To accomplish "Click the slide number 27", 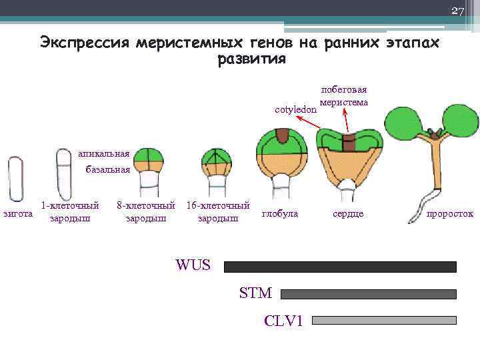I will [x=457, y=10].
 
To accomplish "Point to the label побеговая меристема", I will [x=343, y=96].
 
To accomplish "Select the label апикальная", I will [x=103, y=153].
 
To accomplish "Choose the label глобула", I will [x=280, y=214].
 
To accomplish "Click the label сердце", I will [x=347, y=214].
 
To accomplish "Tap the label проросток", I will [x=450, y=214].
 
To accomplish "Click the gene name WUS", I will [x=193, y=265].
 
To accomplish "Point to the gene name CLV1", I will [x=283, y=321].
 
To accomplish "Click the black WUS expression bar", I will [x=340, y=267].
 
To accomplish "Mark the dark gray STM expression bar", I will [x=369, y=294].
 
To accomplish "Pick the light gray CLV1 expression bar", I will [x=384, y=320].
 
